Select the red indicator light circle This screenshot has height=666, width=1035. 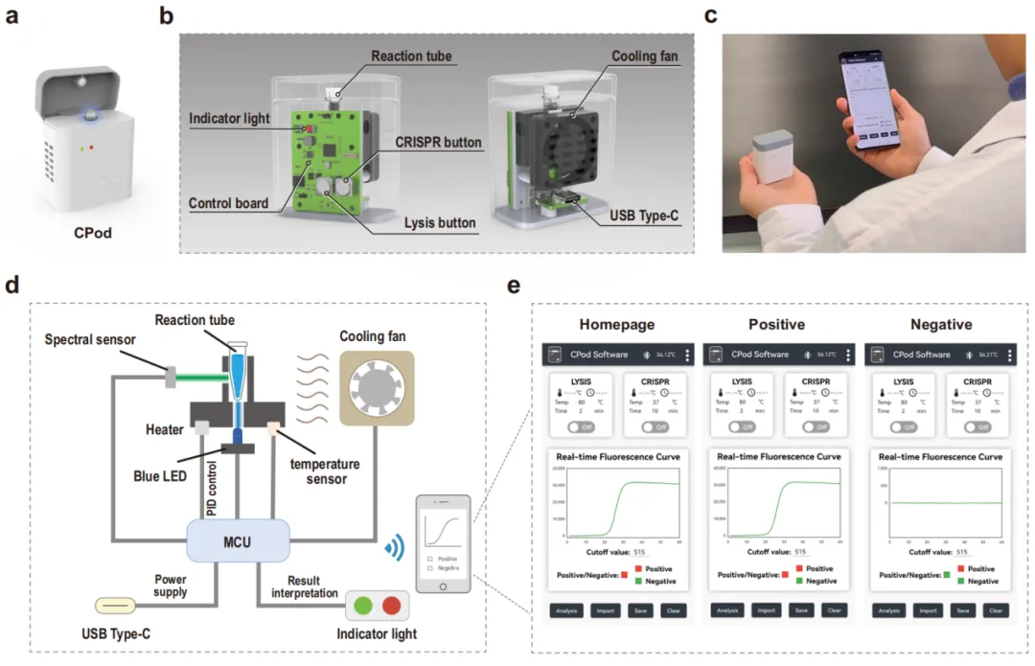click(391, 607)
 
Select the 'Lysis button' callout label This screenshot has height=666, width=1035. click(440, 223)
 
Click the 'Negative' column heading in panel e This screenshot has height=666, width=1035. click(940, 325)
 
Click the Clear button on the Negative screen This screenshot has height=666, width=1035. click(995, 610)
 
